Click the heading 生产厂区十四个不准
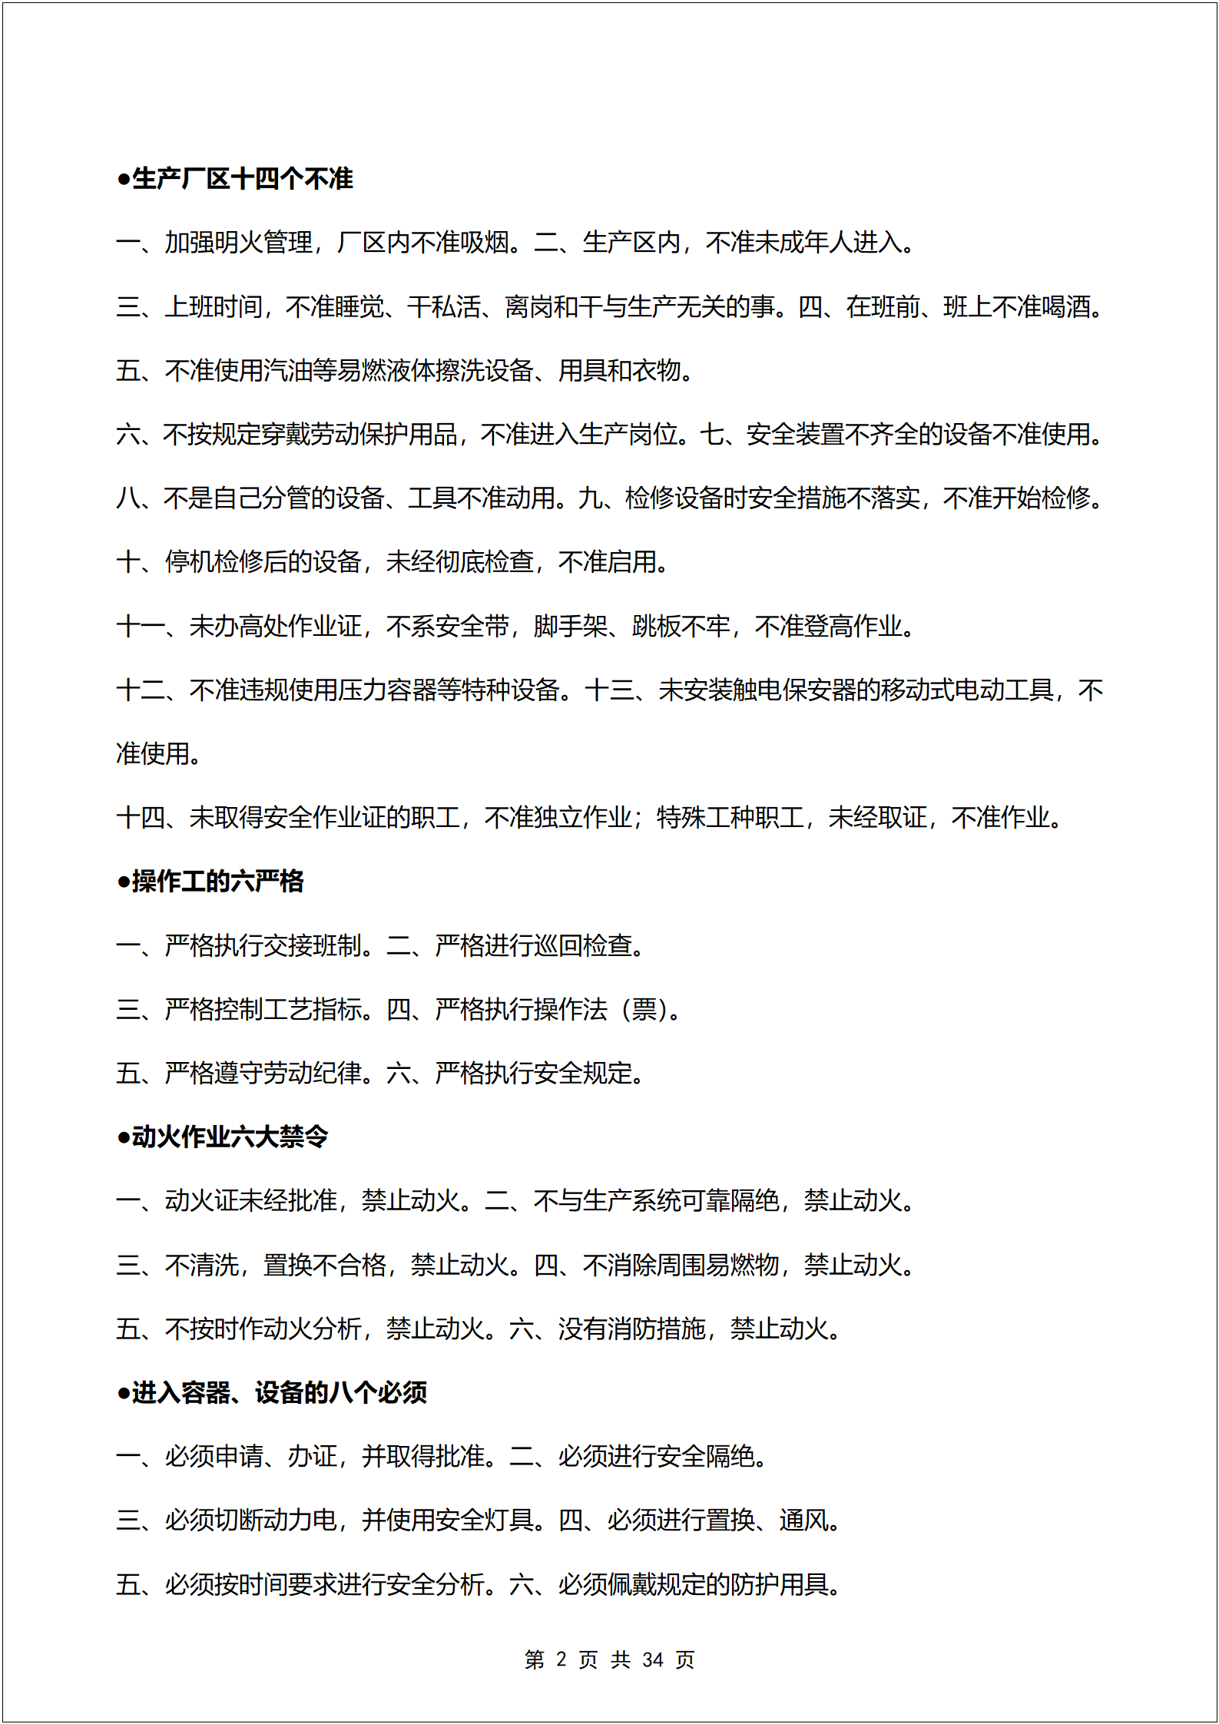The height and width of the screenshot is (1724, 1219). point(235,179)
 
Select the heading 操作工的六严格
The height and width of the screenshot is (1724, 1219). point(210,882)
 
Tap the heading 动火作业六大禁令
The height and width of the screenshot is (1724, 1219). point(223,1137)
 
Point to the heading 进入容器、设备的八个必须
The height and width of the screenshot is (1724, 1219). point(272,1392)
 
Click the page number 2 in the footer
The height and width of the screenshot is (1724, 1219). point(561,1660)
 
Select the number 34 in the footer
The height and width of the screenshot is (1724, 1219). point(653,1660)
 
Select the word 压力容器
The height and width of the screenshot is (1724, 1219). point(386,690)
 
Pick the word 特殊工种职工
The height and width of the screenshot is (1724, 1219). point(730,818)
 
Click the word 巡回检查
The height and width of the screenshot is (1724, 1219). point(582,945)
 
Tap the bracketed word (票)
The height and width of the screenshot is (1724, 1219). point(644,1010)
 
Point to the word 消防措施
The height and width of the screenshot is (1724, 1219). point(656,1329)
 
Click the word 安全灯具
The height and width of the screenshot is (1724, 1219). point(484,1520)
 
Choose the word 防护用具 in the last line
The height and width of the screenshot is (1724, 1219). point(779,1584)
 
